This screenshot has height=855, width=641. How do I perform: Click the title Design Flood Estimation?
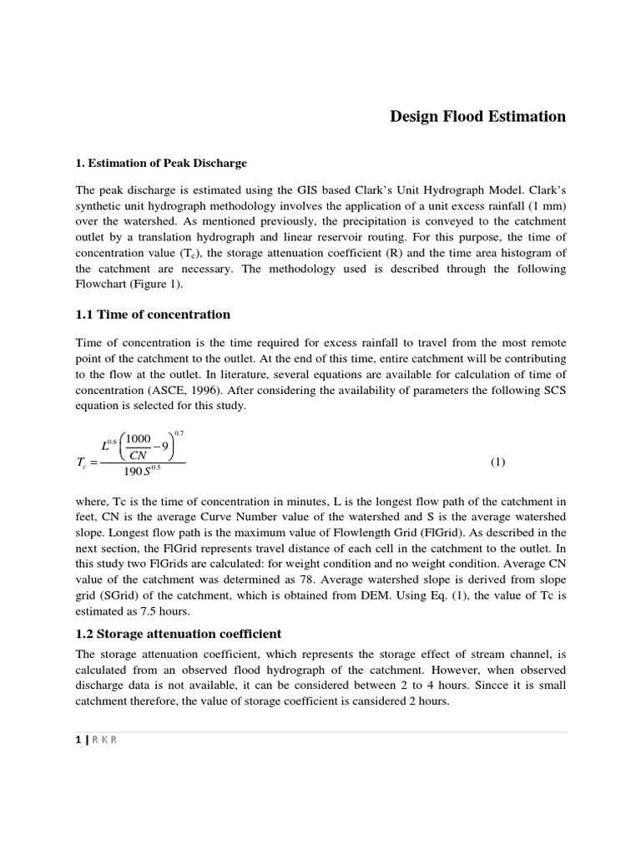click(477, 116)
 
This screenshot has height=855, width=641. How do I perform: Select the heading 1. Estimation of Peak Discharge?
click(161, 162)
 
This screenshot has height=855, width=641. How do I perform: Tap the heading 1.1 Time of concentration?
click(153, 314)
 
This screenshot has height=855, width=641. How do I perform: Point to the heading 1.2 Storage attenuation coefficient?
click(179, 633)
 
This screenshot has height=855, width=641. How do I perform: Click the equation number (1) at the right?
click(497, 462)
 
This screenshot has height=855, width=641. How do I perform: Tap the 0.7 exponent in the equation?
click(179, 433)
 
